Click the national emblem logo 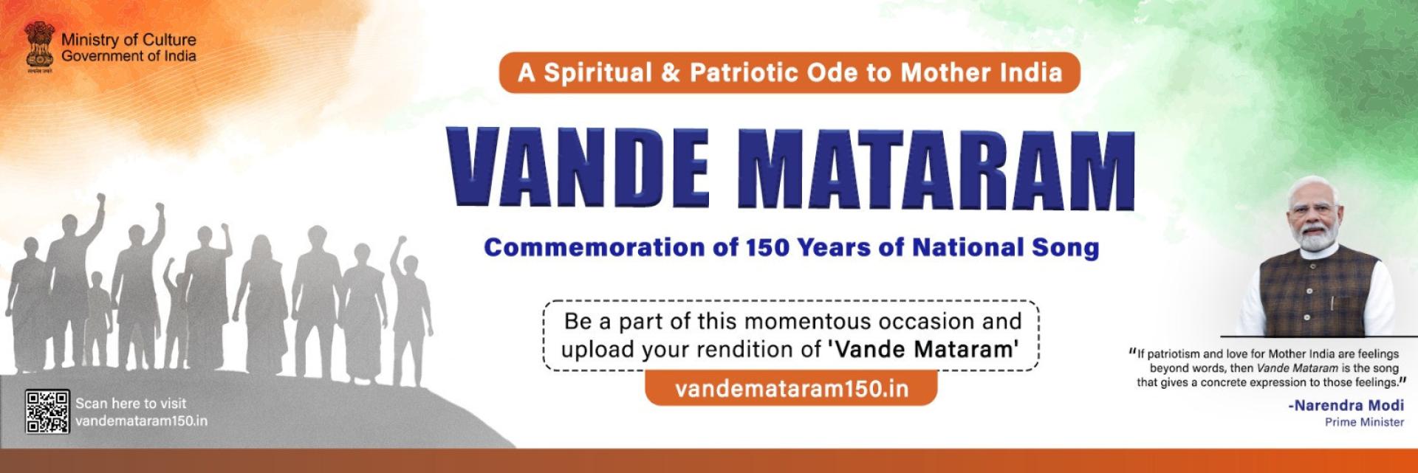[39, 46]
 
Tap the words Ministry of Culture [129, 40]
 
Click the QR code [47, 411]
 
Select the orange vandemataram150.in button [791, 389]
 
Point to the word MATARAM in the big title [936, 170]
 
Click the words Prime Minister [1364, 422]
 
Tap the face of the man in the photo [1318, 218]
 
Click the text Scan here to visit [131, 404]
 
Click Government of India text [129, 56]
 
